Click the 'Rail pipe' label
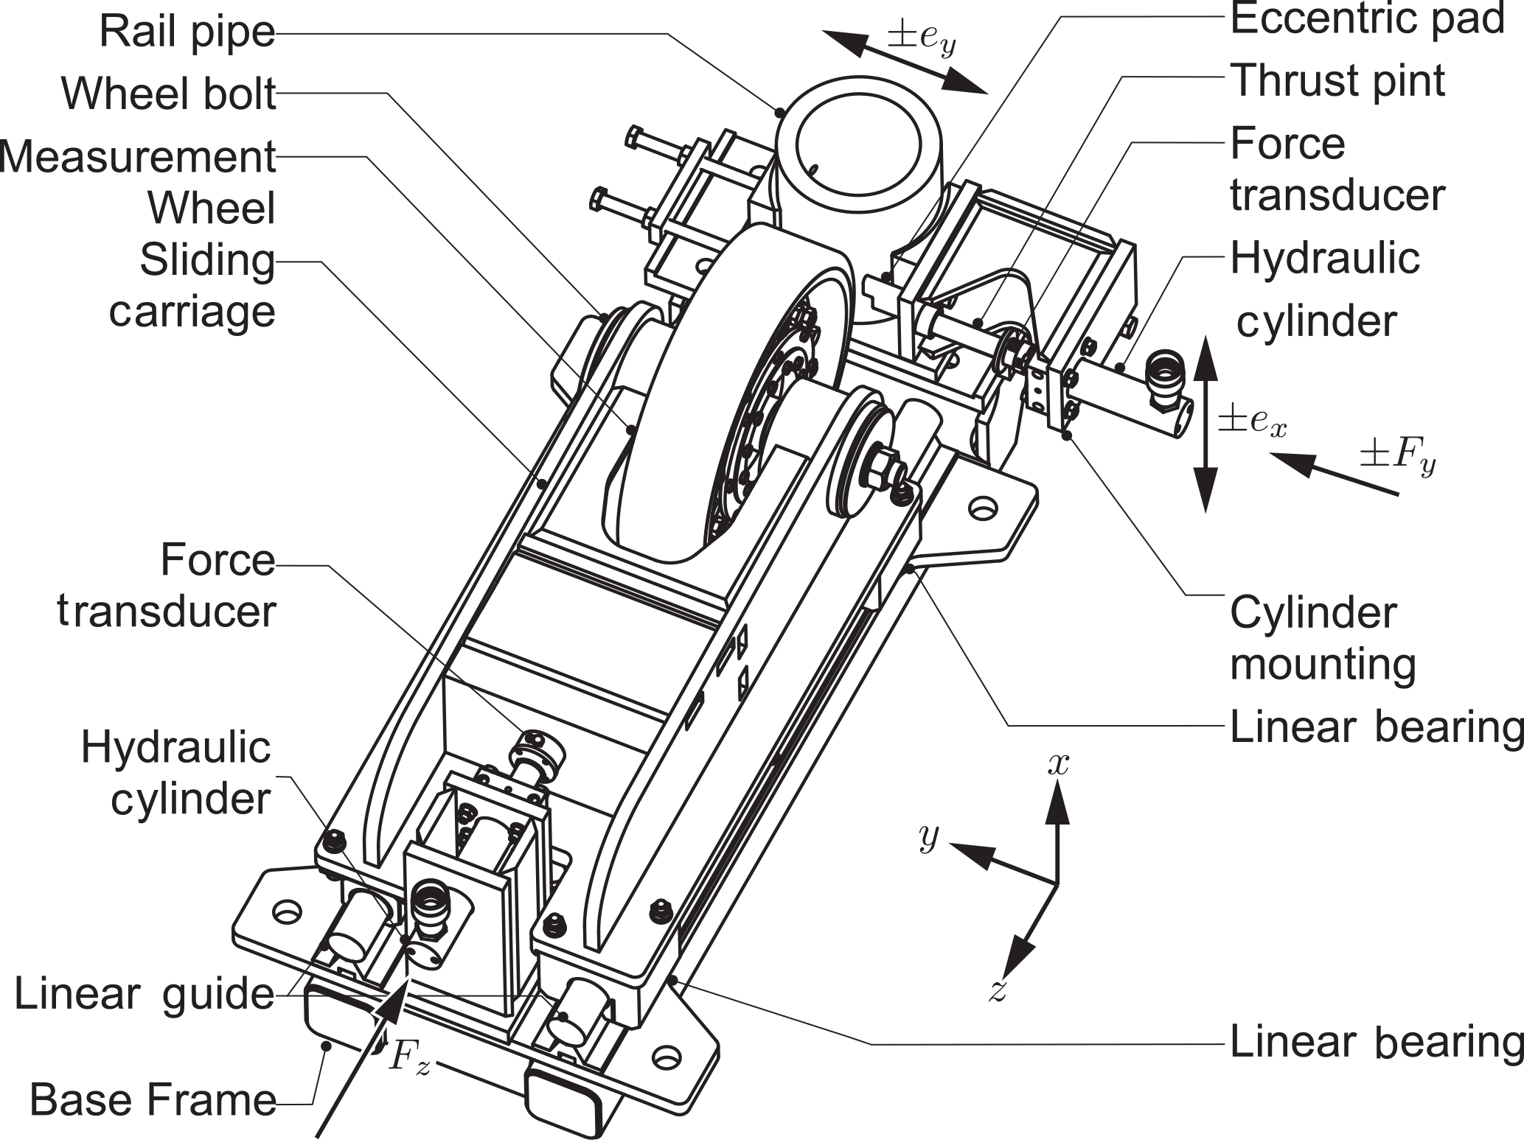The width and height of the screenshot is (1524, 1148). (x=187, y=32)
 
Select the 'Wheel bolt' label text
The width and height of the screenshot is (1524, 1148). (x=169, y=94)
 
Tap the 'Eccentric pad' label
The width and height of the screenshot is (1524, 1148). (x=1367, y=19)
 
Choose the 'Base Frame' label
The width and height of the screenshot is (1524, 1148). (x=153, y=1100)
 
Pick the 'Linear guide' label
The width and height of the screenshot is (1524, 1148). (x=145, y=994)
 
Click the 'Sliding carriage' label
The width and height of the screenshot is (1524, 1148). (x=193, y=286)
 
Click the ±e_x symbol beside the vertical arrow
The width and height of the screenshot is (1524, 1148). (x=1252, y=421)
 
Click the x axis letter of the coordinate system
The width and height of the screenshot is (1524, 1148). (x=1058, y=765)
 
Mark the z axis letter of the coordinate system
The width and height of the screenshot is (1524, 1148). (x=998, y=992)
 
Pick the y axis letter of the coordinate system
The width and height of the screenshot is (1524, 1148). (x=929, y=836)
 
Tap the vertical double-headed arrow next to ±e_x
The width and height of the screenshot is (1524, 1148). (x=1205, y=423)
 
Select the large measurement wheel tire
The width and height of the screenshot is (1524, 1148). (x=686, y=413)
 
